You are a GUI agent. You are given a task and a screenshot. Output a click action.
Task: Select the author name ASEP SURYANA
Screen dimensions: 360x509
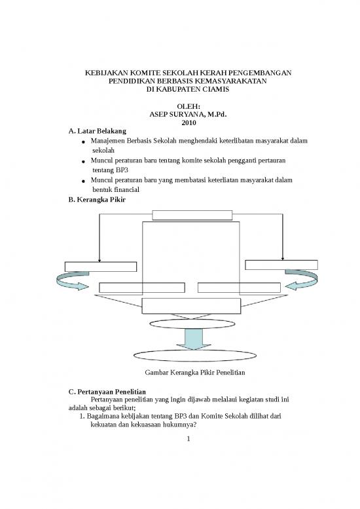coord(177,115)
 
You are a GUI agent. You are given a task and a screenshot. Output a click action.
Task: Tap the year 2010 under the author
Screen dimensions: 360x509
coord(189,123)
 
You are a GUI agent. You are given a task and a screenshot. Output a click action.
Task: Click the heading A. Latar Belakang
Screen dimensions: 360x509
coord(98,131)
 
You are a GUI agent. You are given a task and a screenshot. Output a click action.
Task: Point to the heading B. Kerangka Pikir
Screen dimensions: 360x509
coord(97,200)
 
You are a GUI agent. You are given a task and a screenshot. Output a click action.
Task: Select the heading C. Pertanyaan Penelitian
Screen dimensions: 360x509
coord(107,392)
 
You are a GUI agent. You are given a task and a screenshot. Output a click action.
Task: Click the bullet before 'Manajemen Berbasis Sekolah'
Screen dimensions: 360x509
coord(84,142)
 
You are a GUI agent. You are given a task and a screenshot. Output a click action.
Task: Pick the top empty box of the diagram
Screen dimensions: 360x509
coord(192,216)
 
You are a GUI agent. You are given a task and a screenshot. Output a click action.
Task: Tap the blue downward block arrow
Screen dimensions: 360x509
coord(194,339)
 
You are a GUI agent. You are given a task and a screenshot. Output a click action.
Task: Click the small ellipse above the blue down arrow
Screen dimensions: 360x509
coord(192,324)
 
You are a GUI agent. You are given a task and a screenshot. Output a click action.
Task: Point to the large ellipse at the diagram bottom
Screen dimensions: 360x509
coord(195,356)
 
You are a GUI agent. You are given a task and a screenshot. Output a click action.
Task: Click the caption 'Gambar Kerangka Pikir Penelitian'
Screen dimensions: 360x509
coord(195,372)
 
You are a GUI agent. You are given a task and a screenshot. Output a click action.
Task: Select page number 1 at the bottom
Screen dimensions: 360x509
coord(189,439)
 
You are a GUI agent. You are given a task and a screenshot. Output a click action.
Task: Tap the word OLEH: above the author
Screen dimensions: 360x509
coord(189,107)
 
